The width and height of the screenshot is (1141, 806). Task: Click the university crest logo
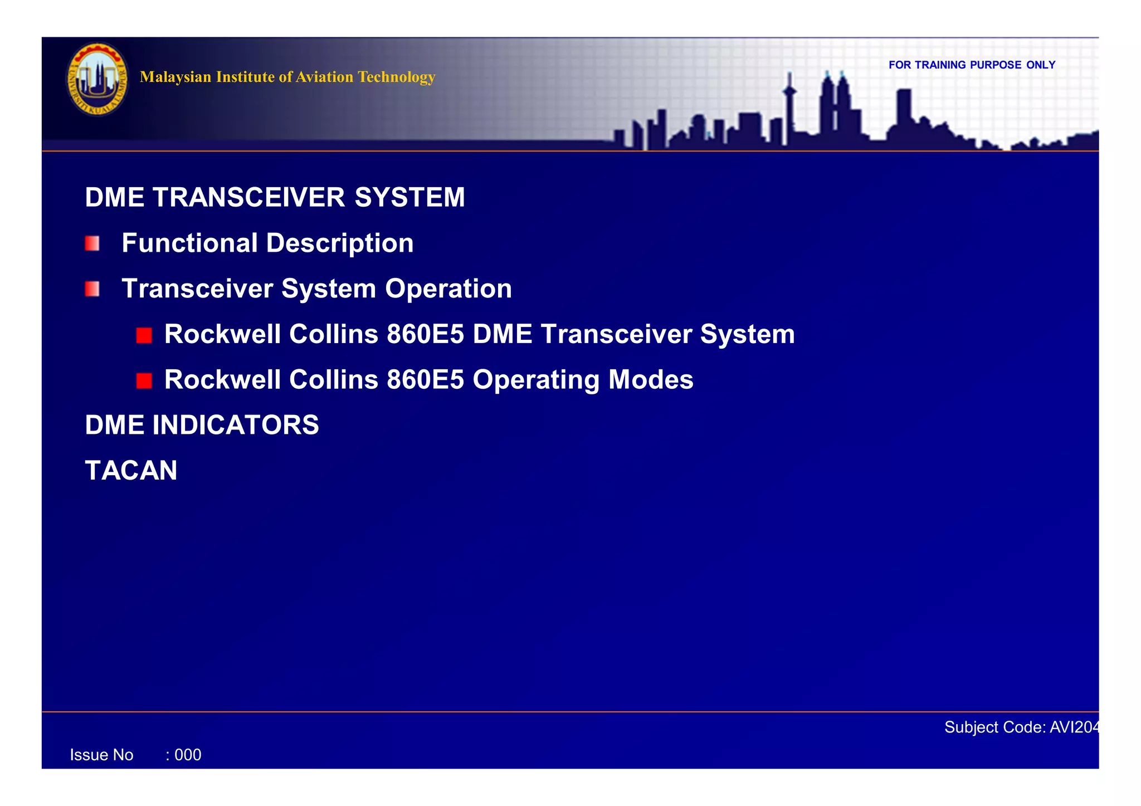[97, 79]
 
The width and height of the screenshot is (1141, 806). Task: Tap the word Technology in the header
[396, 77]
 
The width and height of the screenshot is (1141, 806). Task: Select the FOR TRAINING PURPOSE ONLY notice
[972, 65]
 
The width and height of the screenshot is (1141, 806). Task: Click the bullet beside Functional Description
[92, 243]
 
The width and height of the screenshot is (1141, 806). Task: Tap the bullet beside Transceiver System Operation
[92, 289]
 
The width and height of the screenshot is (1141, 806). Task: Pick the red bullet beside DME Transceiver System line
[144, 335]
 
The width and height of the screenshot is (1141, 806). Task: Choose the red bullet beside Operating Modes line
[144, 381]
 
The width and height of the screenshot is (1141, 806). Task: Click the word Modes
[651, 380]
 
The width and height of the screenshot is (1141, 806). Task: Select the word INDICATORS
[235, 425]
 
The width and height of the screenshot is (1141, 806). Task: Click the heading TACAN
[131, 471]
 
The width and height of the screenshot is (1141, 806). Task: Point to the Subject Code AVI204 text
[1021, 727]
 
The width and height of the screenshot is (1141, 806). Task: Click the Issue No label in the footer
[101, 755]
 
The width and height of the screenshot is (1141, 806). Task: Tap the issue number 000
[188, 755]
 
